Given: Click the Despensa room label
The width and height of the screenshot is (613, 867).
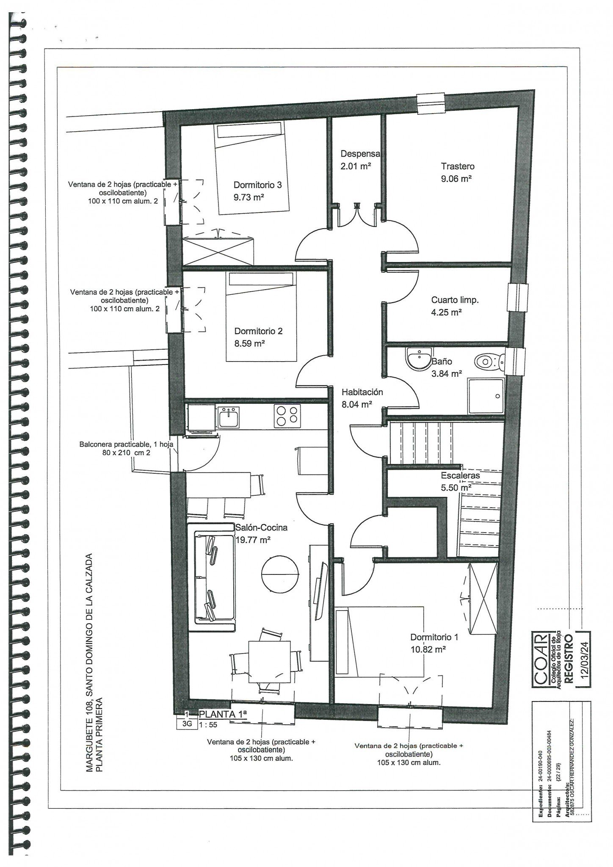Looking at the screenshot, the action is (360, 154).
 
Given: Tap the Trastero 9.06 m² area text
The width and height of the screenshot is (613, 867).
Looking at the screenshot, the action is (456, 179).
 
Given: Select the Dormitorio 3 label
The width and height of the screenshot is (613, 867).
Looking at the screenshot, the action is (257, 185).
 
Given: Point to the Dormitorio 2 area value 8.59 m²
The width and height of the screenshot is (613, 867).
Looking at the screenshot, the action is (249, 344).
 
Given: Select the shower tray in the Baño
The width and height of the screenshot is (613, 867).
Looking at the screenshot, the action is (486, 396).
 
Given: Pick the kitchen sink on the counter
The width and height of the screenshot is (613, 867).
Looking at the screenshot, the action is (229, 417).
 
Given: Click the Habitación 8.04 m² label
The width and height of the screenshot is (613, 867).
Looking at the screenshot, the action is (362, 398).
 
